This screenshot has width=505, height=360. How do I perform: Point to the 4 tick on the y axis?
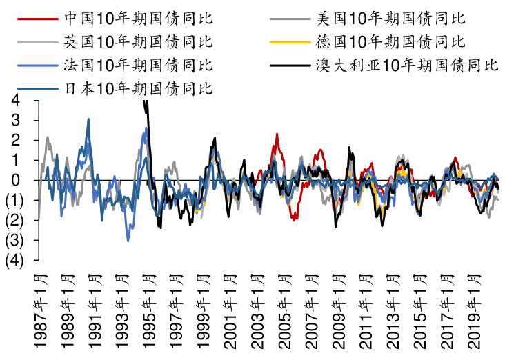(16, 101)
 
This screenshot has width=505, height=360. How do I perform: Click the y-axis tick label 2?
(16, 141)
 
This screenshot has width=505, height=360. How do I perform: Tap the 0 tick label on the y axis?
(16, 181)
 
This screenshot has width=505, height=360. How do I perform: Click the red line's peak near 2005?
(277, 134)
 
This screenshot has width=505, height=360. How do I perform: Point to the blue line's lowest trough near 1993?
(128, 240)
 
